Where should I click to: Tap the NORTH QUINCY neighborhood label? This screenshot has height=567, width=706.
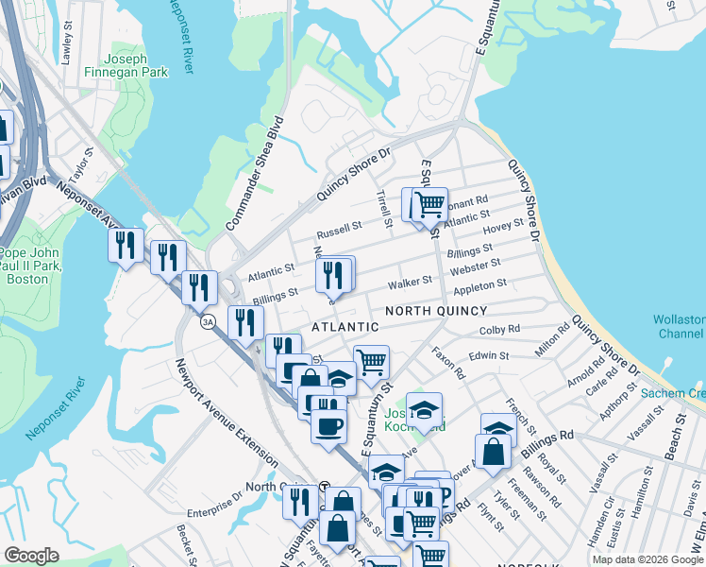(x=436, y=311)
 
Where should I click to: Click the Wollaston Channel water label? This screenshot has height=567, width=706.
(x=678, y=327)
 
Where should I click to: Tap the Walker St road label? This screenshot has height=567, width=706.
(x=411, y=282)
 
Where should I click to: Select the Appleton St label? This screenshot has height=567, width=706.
(x=481, y=283)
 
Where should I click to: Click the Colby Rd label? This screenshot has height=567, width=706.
(x=500, y=329)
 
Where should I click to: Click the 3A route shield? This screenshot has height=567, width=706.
(x=208, y=322)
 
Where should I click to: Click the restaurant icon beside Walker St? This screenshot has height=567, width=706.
(x=332, y=274)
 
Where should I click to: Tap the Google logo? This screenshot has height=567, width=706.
(x=31, y=556)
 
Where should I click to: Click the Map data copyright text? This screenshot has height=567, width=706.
(x=647, y=559)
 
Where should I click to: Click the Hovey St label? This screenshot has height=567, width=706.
(x=502, y=226)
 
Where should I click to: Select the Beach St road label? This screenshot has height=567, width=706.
(x=672, y=445)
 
